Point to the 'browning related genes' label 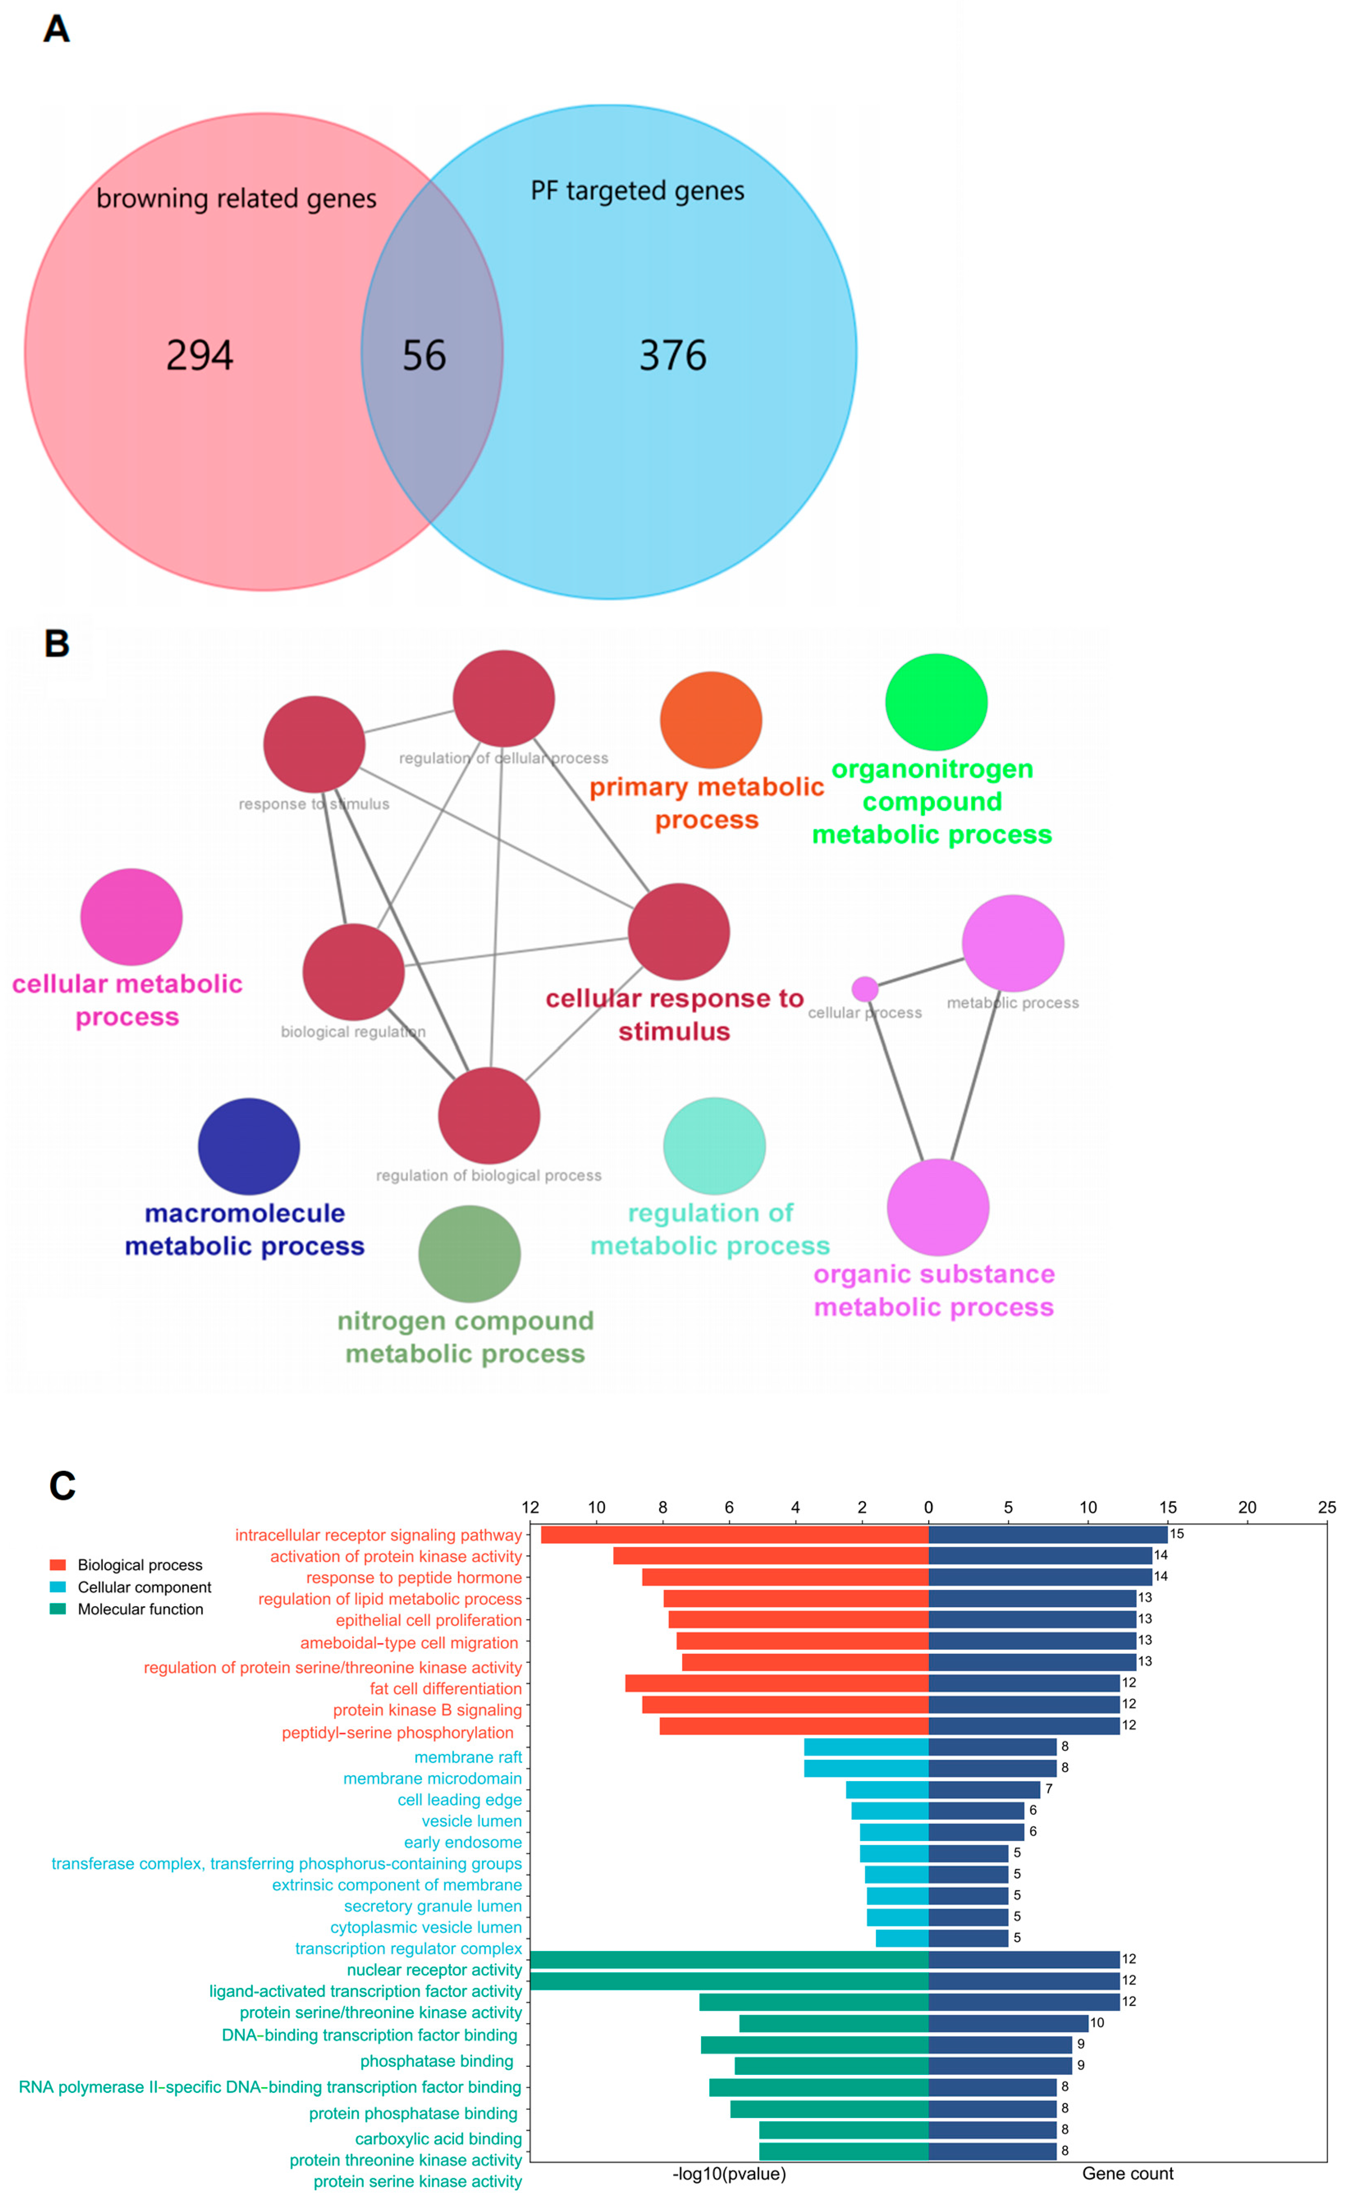point(236,199)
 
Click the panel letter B point(56,643)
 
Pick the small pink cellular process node point(864,989)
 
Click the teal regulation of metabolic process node point(714,1145)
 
